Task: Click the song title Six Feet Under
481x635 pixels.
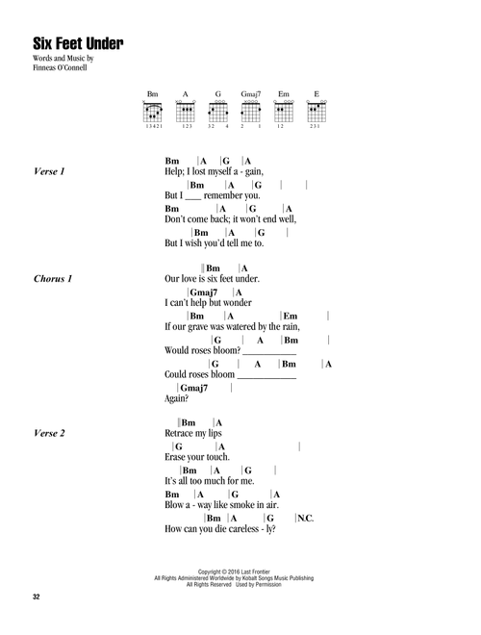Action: tap(78, 43)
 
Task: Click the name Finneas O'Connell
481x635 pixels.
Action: tap(60, 67)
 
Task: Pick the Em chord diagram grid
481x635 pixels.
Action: tap(284, 112)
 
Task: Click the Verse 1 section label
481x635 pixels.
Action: tap(49, 171)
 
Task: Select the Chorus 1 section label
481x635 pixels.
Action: tap(53, 279)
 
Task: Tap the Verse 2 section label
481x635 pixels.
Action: tap(49, 433)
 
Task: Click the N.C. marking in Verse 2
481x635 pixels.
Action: tap(306, 519)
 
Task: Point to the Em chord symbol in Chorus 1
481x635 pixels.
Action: tap(291, 317)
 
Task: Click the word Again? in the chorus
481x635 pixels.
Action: tap(177, 399)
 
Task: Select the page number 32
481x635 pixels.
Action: tap(36, 597)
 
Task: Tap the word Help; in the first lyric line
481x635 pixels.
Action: tap(174, 171)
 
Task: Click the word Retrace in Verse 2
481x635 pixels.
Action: tap(179, 433)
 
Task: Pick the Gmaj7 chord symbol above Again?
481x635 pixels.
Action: tap(194, 388)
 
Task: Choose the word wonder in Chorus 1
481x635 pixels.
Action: tap(238, 302)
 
